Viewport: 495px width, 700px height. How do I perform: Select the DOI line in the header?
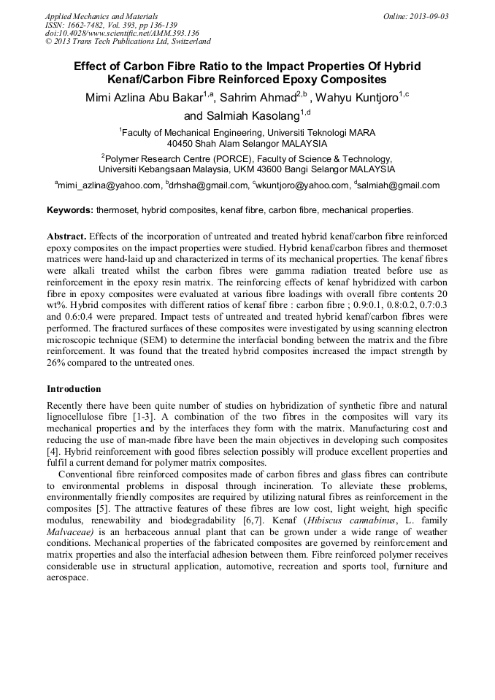(x=122, y=33)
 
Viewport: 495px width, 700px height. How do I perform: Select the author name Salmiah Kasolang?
(x=242, y=116)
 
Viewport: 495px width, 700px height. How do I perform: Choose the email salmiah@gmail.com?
(x=399, y=185)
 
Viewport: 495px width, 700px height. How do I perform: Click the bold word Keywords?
(x=69, y=210)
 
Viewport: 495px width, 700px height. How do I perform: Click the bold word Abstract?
(x=67, y=237)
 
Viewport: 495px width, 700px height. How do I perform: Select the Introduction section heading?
(x=74, y=388)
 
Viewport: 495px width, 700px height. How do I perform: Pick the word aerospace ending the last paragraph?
(x=66, y=577)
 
